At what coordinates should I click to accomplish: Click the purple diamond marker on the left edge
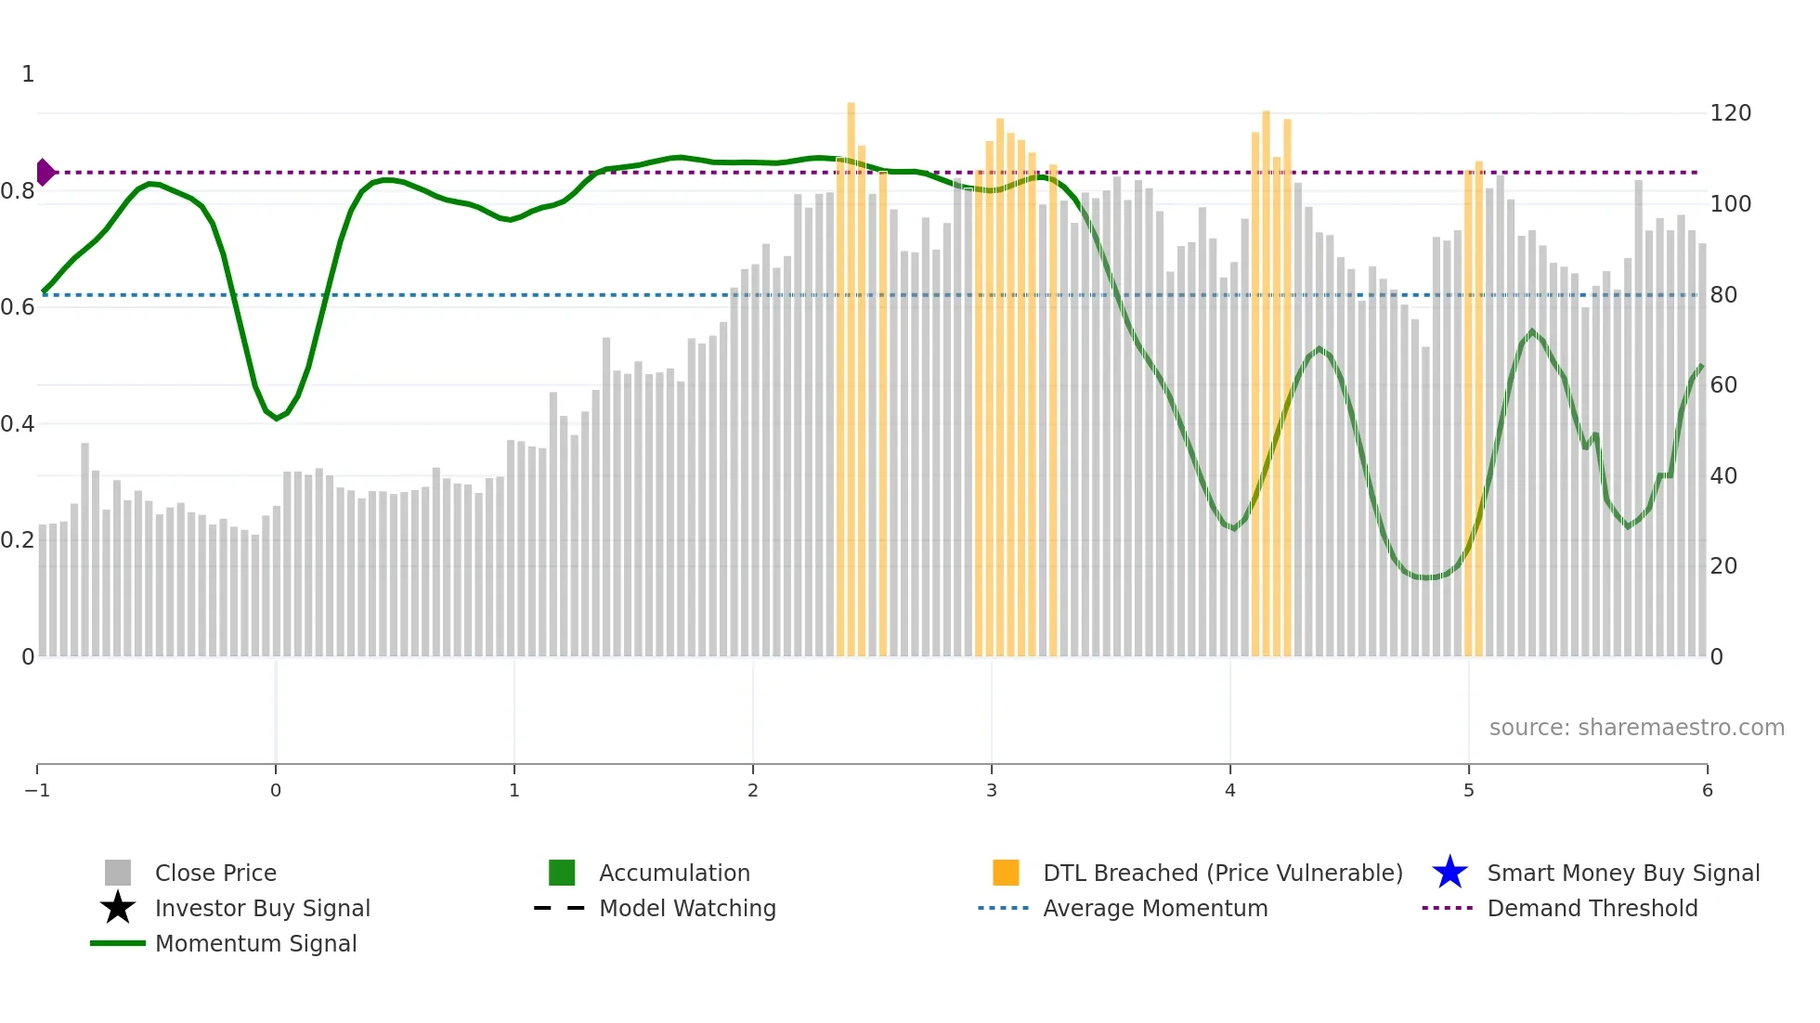(45, 173)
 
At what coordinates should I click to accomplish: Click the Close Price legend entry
(214, 873)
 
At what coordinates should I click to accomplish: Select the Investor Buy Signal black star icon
(118, 908)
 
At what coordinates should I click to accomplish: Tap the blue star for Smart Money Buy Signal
(1449, 873)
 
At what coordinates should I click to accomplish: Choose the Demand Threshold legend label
(1592, 908)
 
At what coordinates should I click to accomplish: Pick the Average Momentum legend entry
(1154, 908)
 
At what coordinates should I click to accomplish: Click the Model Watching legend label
(687, 908)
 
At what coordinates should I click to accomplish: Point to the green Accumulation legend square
(562, 873)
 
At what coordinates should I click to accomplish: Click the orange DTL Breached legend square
(1006, 873)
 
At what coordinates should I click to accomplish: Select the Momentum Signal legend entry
(255, 943)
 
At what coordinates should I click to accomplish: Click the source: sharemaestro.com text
(1636, 728)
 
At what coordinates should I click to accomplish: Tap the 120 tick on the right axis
(1730, 113)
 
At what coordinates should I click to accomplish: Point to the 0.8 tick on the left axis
(18, 191)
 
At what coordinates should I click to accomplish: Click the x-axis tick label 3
(992, 791)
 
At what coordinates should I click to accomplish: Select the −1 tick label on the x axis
(37, 791)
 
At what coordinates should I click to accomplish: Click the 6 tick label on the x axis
(1707, 791)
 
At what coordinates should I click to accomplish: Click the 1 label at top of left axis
(28, 74)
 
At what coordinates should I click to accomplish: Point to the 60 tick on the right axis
(1723, 385)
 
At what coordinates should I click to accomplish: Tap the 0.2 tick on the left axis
(18, 540)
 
